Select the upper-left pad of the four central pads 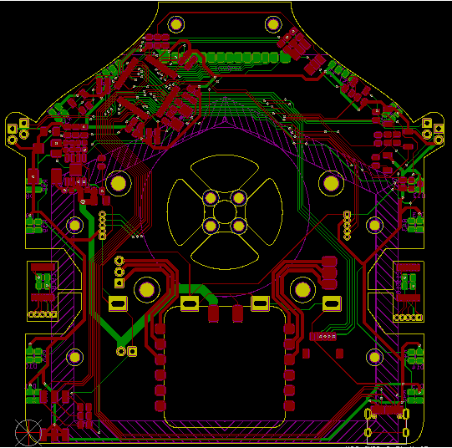point(211,198)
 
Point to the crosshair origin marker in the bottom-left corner point(28,432)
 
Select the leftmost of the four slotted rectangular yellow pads point(117,303)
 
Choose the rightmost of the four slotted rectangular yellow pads point(332,303)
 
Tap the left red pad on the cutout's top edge point(214,314)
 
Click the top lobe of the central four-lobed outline point(225,172)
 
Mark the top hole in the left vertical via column point(102,216)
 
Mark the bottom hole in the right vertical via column point(347,236)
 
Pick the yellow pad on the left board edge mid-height point(74,224)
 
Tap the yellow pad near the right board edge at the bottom point(375,358)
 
